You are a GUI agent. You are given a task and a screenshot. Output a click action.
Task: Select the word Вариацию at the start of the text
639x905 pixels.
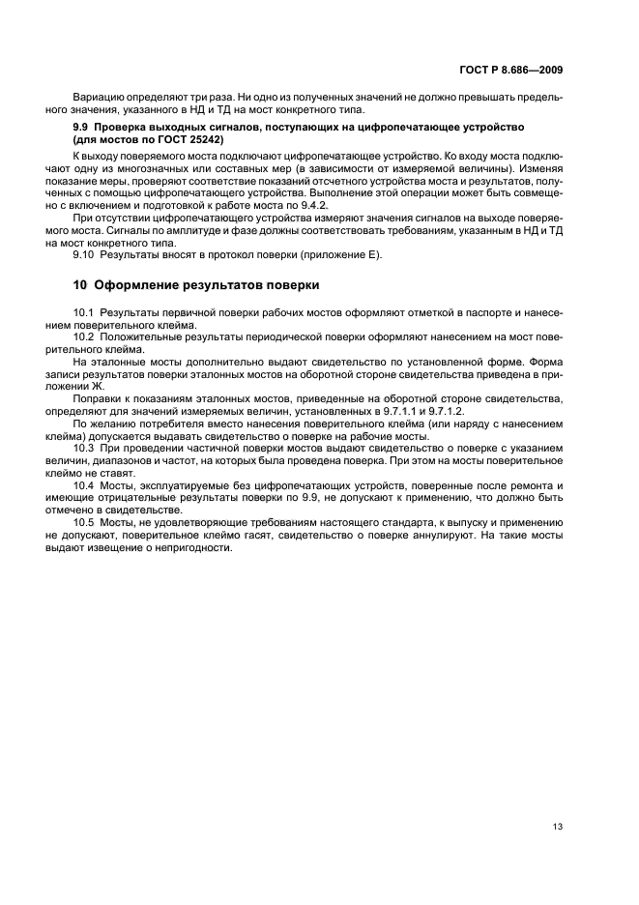96,98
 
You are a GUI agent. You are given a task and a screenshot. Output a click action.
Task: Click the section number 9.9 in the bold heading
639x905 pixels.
82,128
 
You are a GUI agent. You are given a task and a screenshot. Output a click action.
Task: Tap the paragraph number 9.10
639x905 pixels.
84,254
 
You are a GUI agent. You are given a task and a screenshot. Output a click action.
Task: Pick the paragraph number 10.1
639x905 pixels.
84,314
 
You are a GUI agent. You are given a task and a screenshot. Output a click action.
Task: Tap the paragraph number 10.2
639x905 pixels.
84,337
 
